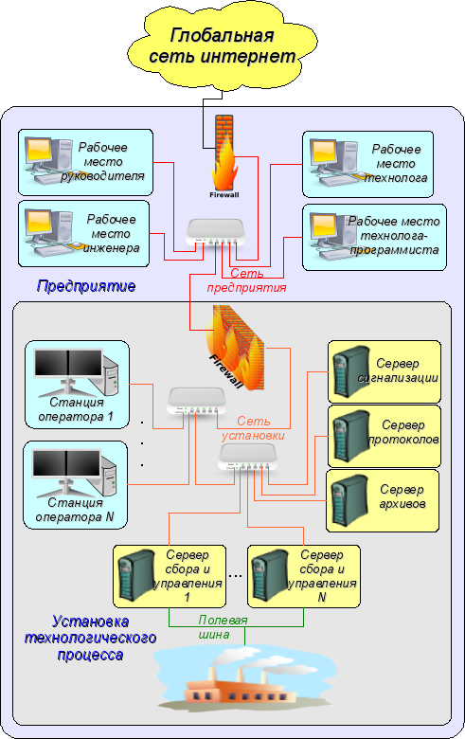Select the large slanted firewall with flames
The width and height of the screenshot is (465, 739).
pyautogui.click(x=234, y=348)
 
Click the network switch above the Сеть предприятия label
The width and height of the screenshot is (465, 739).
pyautogui.click(x=216, y=232)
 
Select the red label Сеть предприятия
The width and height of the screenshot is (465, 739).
pyautogui.click(x=246, y=280)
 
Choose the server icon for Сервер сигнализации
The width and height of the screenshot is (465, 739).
pyautogui.click(x=350, y=370)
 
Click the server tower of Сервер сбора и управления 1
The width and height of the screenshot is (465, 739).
pyautogui.click(x=136, y=575)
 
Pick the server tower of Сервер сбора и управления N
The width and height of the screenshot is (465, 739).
pyautogui.click(x=270, y=575)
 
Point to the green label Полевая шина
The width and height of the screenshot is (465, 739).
pyautogui.click(x=223, y=627)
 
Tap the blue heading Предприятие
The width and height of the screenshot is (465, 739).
pyautogui.click(x=86, y=286)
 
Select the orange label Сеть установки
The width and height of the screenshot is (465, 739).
pyautogui.click(x=254, y=428)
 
